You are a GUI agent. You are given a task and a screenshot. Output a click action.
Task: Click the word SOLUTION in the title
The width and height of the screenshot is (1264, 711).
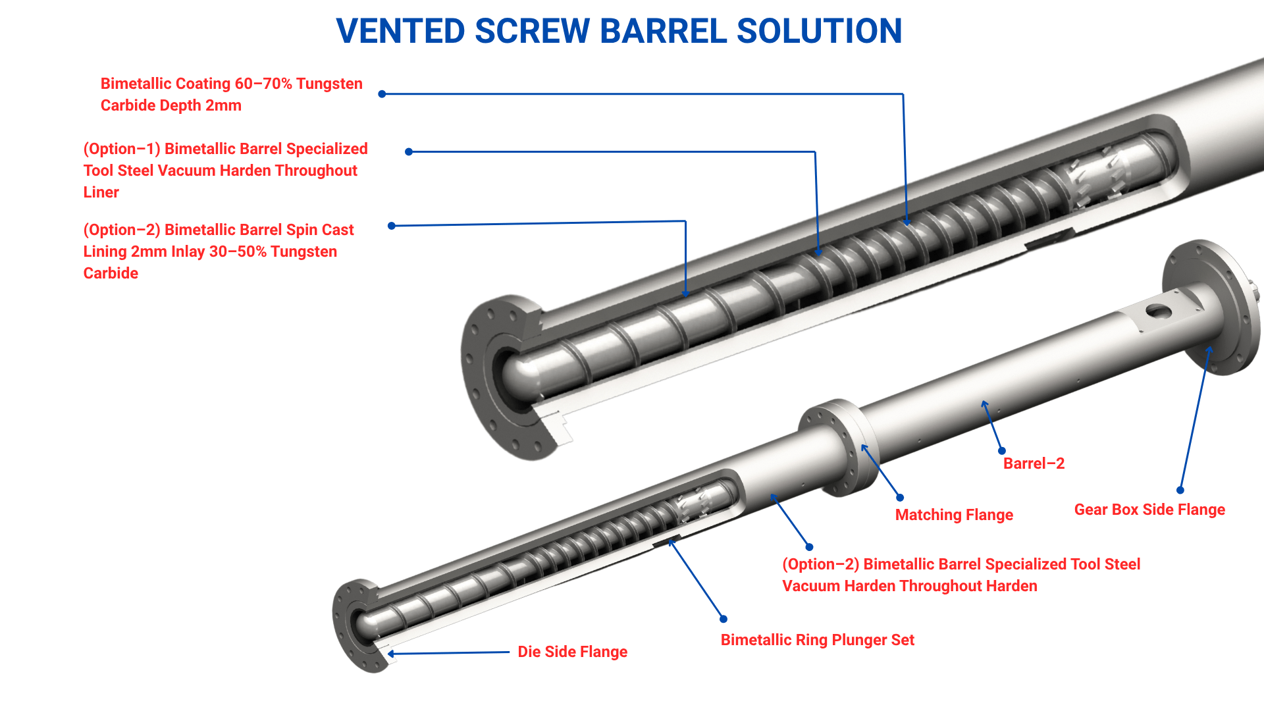[x=819, y=32]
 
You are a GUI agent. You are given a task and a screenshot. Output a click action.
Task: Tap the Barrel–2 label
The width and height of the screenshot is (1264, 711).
[x=1034, y=463]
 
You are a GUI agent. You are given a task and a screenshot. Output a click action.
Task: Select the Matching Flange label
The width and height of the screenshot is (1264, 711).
[x=954, y=515]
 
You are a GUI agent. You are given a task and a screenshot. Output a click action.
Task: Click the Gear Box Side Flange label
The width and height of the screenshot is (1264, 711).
[x=1149, y=510]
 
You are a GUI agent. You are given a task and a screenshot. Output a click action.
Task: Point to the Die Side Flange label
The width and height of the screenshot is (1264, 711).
[x=572, y=652]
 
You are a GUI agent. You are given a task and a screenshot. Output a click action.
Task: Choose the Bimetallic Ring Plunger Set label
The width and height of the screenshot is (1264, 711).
[x=817, y=640]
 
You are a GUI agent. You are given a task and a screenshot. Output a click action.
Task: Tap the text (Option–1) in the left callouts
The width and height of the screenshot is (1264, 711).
[x=122, y=149]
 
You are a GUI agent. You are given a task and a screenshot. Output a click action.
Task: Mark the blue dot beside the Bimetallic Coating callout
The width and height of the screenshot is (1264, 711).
[x=382, y=94]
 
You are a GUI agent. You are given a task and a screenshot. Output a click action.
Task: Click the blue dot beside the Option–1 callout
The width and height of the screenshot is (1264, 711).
[x=409, y=152]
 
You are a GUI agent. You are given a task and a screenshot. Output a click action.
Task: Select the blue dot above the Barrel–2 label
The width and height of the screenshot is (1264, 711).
[x=1001, y=451]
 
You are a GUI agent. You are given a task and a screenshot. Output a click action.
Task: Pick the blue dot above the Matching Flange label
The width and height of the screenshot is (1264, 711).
[x=900, y=498]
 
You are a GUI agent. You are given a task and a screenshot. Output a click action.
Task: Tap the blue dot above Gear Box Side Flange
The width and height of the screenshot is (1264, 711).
[x=1180, y=490]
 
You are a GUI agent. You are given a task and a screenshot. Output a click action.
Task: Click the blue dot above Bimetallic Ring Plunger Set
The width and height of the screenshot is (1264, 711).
[x=724, y=619]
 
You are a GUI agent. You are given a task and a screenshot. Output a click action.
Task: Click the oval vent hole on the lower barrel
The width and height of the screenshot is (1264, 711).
[x=1159, y=311]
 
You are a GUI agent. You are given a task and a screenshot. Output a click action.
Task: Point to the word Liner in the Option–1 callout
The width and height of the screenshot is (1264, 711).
[x=101, y=192]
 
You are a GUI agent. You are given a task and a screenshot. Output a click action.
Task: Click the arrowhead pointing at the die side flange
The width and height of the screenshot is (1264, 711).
[x=391, y=654]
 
